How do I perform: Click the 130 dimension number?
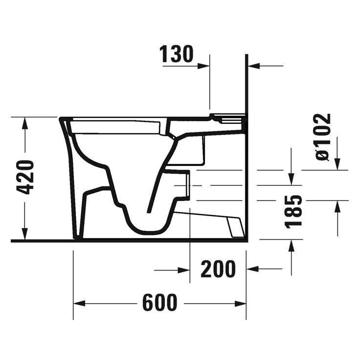[177, 54]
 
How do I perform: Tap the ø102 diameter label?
[323, 136]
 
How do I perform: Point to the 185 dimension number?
[294, 211]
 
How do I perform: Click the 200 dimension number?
[217, 269]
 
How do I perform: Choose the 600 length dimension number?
[160, 303]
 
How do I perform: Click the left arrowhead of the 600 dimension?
[78, 303]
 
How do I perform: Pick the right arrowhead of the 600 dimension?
[243, 303]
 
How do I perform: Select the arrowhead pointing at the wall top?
[252, 65]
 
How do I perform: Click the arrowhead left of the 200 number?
[185, 269]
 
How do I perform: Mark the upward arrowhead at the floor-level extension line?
[292, 244]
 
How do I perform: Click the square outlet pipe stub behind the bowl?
[183, 186]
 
